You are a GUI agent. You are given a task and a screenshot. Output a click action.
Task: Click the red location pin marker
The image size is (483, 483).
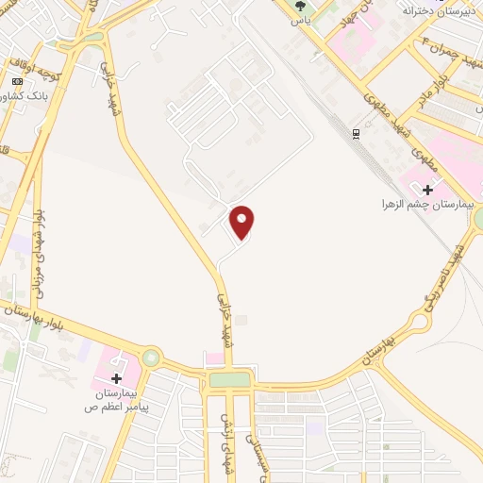[242, 222]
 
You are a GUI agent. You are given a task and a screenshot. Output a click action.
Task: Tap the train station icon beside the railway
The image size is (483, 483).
[356, 133]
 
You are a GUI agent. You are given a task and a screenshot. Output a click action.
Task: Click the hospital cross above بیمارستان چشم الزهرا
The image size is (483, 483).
[426, 190]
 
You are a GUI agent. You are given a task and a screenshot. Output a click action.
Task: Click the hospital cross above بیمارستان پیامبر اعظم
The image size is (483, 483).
[116, 377]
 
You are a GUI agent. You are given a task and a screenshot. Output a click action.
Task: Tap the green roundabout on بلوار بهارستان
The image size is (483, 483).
[151, 358]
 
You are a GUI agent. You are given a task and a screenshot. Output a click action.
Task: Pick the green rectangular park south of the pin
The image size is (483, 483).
[230, 379]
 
